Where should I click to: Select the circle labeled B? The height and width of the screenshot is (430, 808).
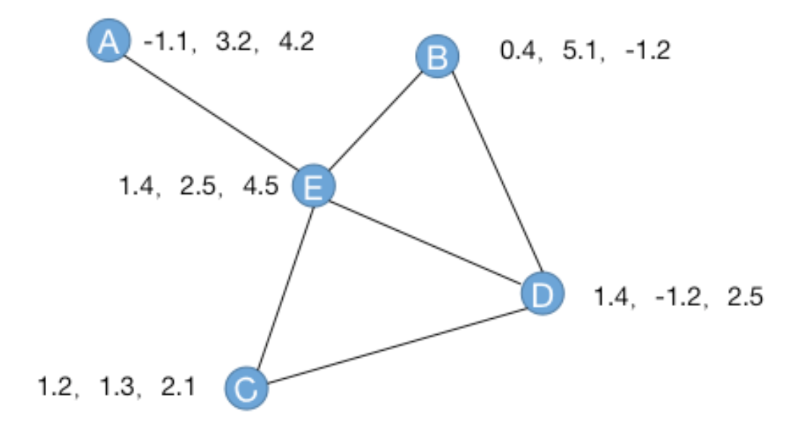[x=436, y=57]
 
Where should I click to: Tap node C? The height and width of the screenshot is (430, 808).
[x=247, y=389]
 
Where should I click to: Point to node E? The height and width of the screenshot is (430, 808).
[x=314, y=186]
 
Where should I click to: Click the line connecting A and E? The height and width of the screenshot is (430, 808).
[x=211, y=113]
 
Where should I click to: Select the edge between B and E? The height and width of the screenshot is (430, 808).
[x=375, y=122]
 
